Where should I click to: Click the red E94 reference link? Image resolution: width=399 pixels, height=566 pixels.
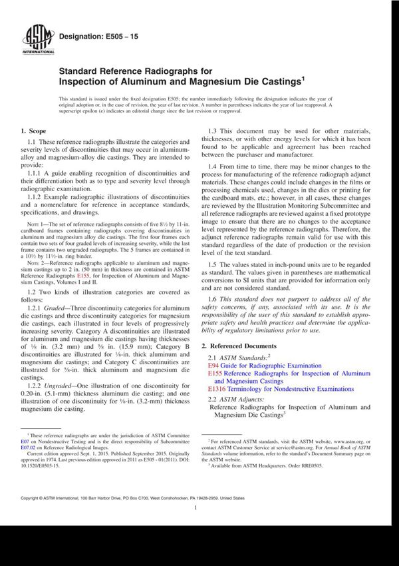click(213, 366)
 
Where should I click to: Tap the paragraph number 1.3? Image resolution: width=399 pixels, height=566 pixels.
click(215, 131)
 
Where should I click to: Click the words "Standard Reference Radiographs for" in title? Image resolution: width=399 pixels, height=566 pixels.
click(126, 71)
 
